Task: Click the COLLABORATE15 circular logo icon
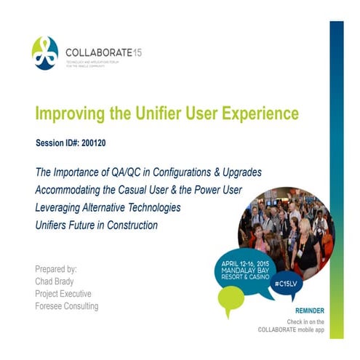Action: (45, 53)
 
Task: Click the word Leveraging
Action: (59, 207)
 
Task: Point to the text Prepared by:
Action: (57, 268)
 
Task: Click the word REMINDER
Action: (306, 311)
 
